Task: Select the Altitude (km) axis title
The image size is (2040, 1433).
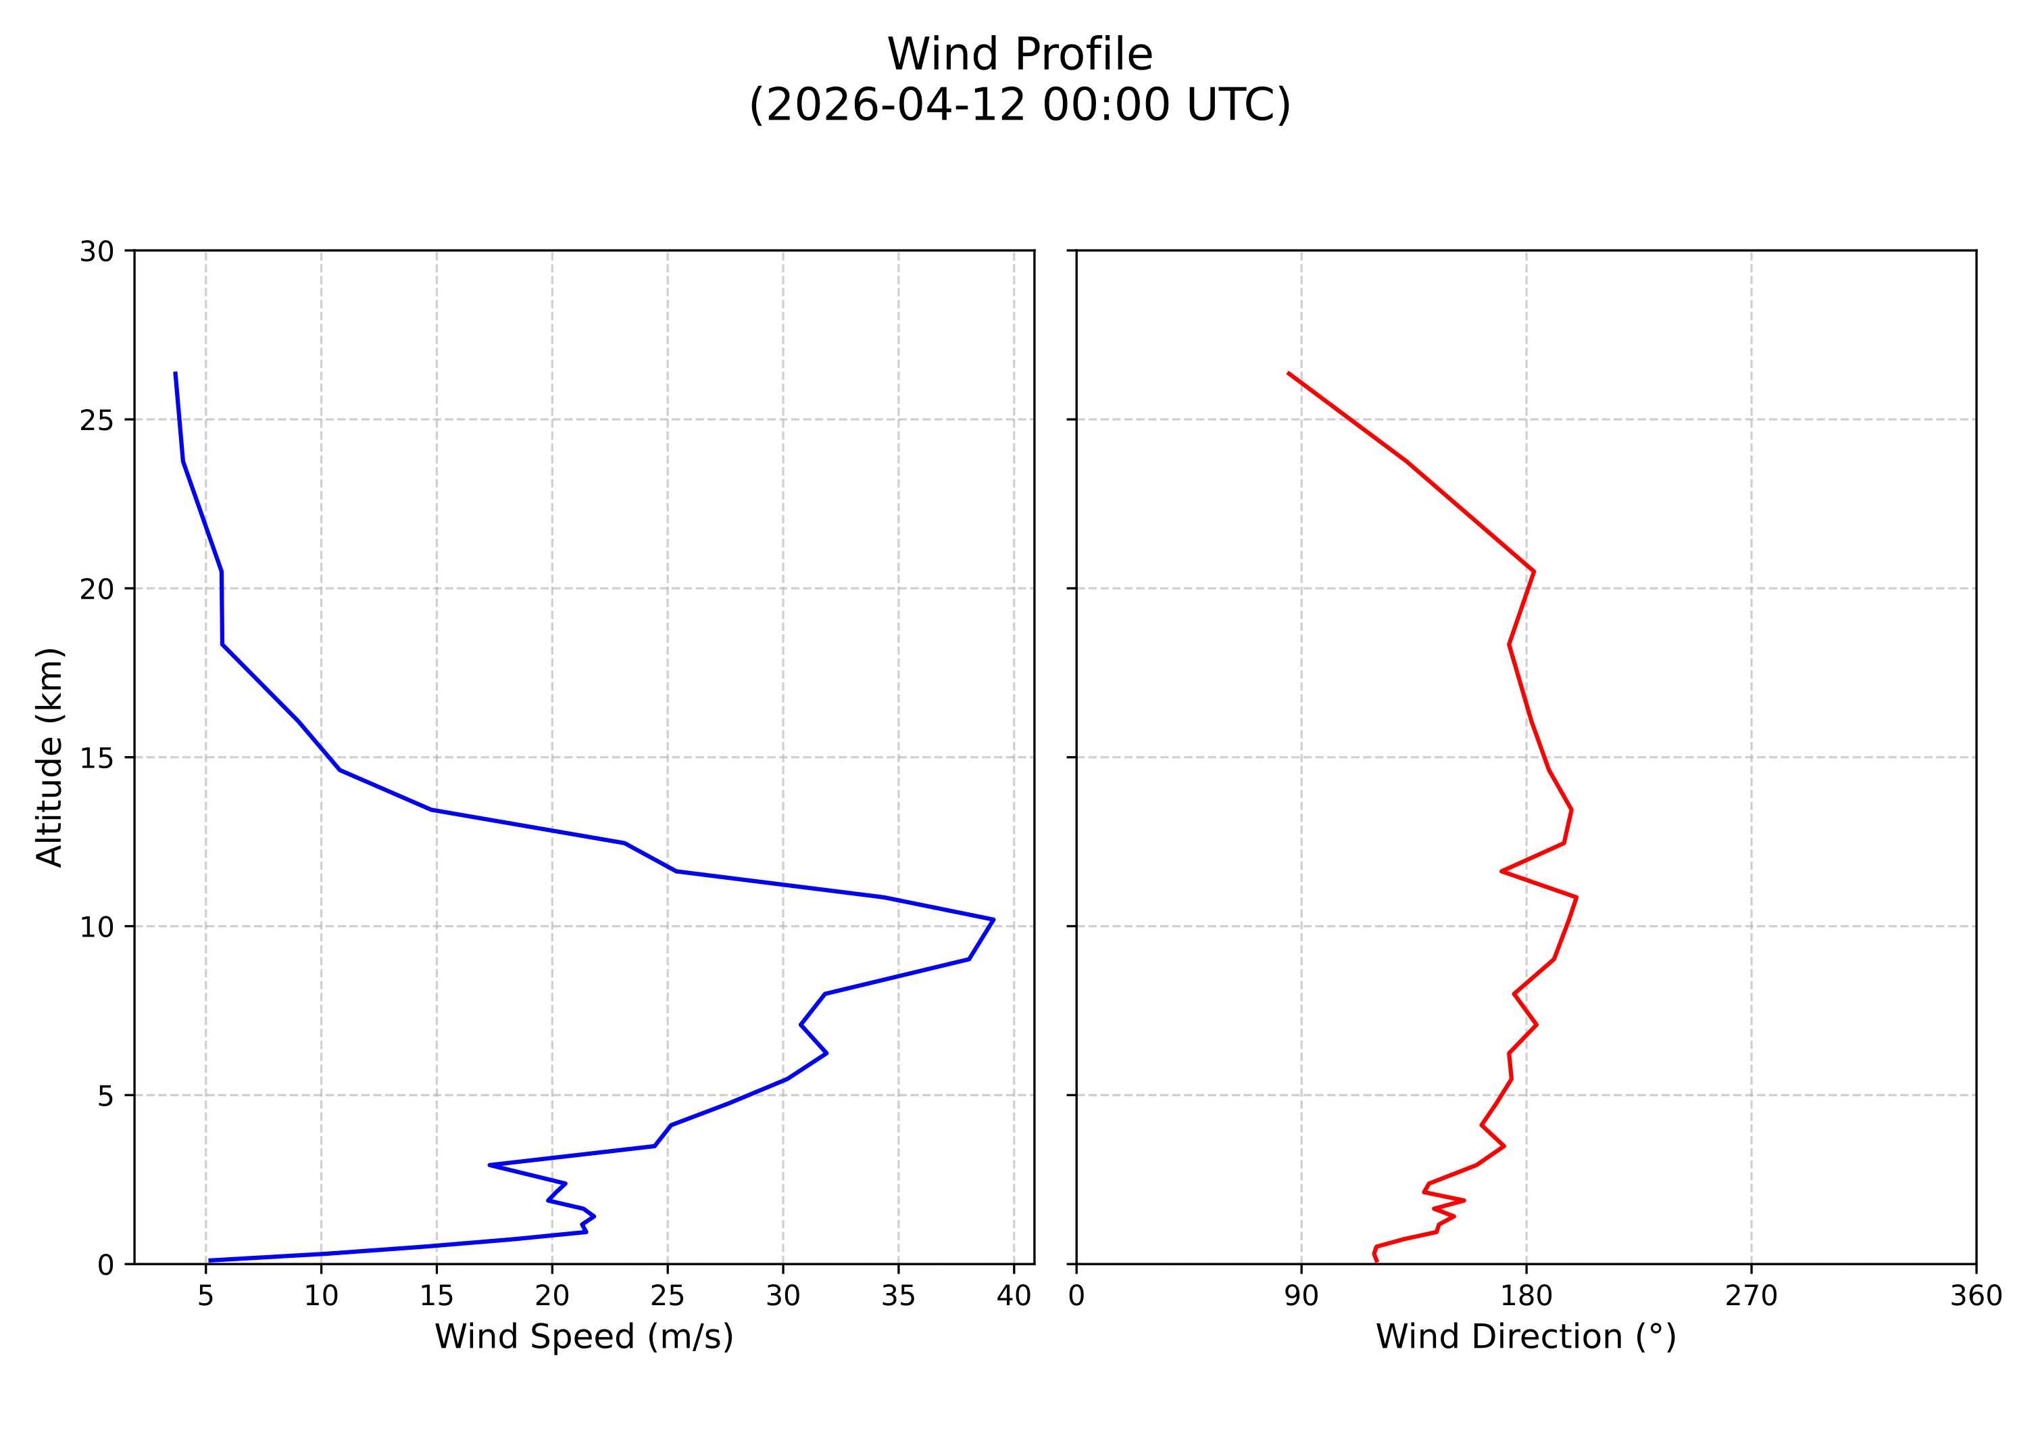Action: (50, 757)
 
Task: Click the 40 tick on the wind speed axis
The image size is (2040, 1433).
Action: (1013, 1296)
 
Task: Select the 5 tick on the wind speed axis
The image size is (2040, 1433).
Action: (206, 1296)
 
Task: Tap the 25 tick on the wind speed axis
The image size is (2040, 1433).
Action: (667, 1296)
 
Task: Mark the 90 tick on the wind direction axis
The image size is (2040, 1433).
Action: (1301, 1296)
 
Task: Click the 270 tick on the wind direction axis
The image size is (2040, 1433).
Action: (1751, 1296)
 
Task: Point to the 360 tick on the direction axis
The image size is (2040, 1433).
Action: (1976, 1296)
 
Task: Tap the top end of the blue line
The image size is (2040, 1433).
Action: (175, 373)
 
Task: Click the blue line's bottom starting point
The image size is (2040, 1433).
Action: (209, 1261)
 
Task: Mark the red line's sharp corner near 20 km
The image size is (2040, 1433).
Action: (1534, 571)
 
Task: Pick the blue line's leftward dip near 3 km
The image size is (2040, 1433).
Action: (490, 1165)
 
